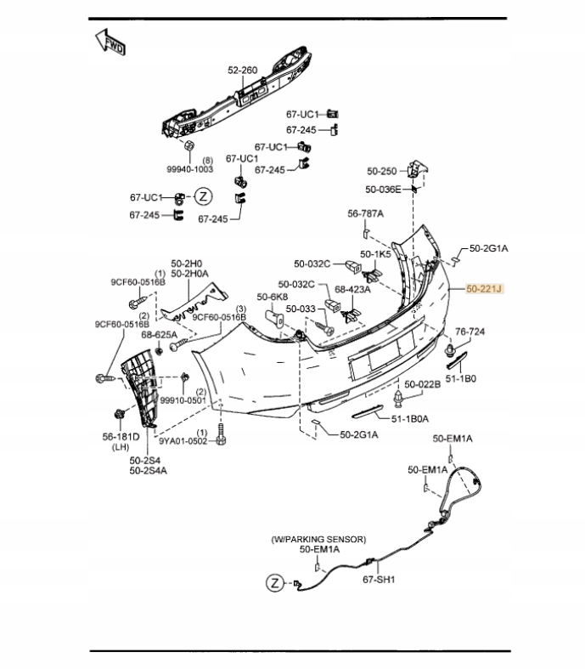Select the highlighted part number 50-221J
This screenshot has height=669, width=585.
point(484,290)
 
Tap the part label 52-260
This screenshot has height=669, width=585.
point(242,70)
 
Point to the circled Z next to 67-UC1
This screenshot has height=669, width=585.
point(203,197)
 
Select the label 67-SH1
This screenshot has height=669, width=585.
point(380,580)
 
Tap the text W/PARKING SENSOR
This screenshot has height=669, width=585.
point(318,539)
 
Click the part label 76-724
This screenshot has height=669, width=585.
point(470,331)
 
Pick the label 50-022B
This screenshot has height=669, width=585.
point(422,384)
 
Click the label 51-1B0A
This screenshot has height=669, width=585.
point(410,418)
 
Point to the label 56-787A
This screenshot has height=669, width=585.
point(365,213)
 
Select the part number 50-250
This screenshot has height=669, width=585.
point(381,171)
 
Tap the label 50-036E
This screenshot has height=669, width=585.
point(383,190)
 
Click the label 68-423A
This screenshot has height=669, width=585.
point(352,288)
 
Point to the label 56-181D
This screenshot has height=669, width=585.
point(121,437)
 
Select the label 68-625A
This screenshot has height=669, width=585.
point(159,335)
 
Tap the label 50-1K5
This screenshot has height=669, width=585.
point(375,253)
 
